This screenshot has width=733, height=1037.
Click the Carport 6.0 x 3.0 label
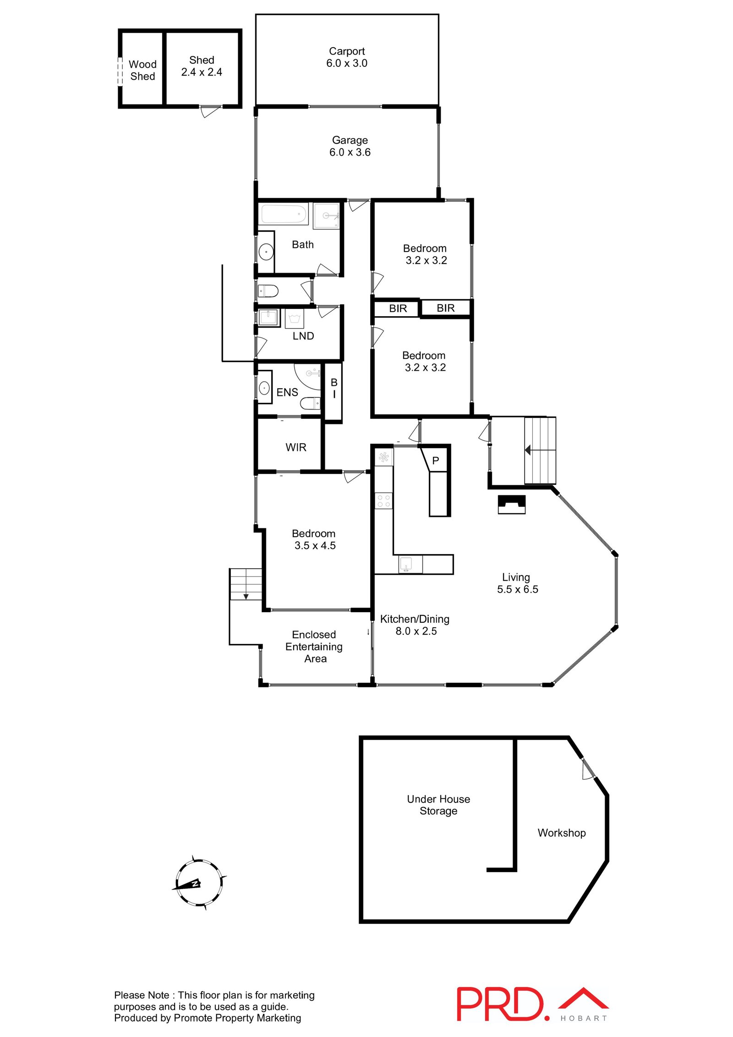pyautogui.click(x=346, y=57)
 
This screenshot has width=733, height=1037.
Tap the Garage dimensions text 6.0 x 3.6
pyautogui.click(x=350, y=152)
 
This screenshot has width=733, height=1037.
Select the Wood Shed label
pyautogui.click(x=142, y=70)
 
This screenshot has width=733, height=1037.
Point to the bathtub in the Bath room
pyautogui.click(x=284, y=214)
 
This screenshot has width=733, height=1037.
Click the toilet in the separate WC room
pyautogui.click(x=268, y=291)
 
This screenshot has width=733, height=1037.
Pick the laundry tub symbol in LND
pyautogui.click(x=268, y=317)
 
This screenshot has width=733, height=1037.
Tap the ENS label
pyautogui.click(x=287, y=392)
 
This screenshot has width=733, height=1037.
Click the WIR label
pyautogui.click(x=296, y=447)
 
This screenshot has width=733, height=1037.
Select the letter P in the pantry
pyautogui.click(x=436, y=461)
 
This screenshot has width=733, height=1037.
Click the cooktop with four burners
pyautogui.click(x=383, y=500)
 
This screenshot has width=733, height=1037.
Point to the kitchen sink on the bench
pyautogui.click(x=405, y=564)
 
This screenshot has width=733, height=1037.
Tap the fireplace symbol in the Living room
pyautogui.click(x=511, y=505)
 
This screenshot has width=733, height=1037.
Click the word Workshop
pyautogui.click(x=562, y=833)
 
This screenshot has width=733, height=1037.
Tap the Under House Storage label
pyautogui.click(x=438, y=805)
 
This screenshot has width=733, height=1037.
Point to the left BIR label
pyautogui.click(x=398, y=308)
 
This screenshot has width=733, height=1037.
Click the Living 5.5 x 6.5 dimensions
pyautogui.click(x=517, y=589)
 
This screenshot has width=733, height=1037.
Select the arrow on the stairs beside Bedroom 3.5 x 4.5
pyautogui.click(x=246, y=597)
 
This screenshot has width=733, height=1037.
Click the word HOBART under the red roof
pyautogui.click(x=584, y=1018)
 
